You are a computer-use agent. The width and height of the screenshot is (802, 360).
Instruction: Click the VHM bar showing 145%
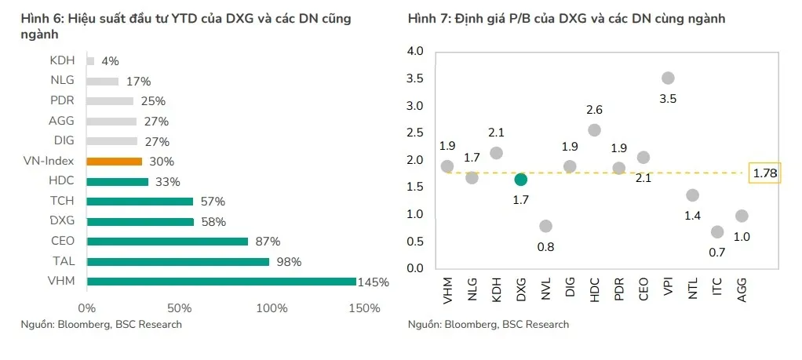(x=221, y=282)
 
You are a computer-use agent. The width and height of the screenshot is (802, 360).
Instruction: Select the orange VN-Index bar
(x=115, y=162)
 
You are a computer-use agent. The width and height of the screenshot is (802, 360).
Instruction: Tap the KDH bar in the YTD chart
(x=91, y=60)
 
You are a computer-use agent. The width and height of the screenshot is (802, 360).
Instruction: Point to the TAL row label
(x=62, y=262)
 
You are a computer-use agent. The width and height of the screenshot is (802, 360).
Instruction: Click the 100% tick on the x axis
(x=272, y=308)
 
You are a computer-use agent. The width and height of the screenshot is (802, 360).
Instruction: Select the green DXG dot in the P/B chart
(x=521, y=179)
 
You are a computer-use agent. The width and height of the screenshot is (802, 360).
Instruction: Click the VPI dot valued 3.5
(x=668, y=78)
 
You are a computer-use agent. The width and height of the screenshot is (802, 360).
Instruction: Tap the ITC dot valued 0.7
(x=717, y=231)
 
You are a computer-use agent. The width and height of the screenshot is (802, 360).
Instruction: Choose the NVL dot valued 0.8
(x=545, y=226)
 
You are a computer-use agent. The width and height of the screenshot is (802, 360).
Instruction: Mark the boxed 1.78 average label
(x=764, y=173)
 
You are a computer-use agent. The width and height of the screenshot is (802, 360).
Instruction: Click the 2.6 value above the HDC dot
(x=594, y=110)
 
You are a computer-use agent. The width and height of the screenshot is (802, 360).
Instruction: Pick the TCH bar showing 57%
(x=140, y=202)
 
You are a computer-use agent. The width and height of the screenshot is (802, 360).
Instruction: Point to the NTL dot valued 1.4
(x=692, y=195)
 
